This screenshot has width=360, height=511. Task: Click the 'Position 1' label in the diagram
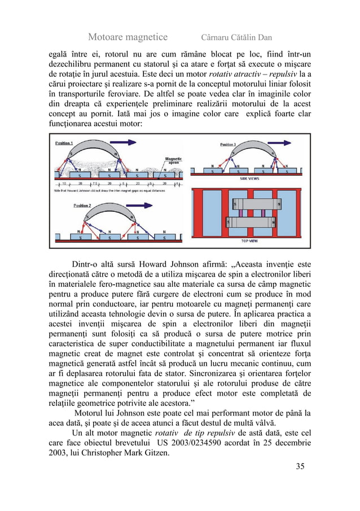[x=64, y=143]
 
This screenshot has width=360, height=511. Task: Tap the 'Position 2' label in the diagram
[x=84, y=206]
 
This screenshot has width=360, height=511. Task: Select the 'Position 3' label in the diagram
[x=226, y=145]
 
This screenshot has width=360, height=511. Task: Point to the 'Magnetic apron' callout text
[x=173, y=160]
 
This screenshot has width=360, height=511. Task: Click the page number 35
[x=300, y=466]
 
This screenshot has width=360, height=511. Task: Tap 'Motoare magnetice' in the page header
[x=128, y=37]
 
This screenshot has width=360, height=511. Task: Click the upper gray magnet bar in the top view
[x=254, y=203]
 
